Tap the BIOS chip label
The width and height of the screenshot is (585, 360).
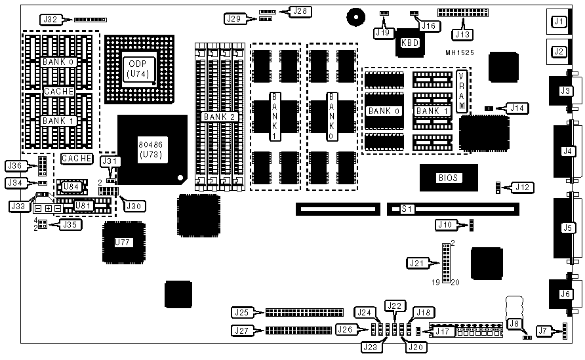449,178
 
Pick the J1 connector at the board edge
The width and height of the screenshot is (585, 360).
559,22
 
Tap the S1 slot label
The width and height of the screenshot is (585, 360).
407,210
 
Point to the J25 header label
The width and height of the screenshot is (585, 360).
243,311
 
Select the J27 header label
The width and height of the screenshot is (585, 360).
243,330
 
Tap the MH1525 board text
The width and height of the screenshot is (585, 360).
460,52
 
